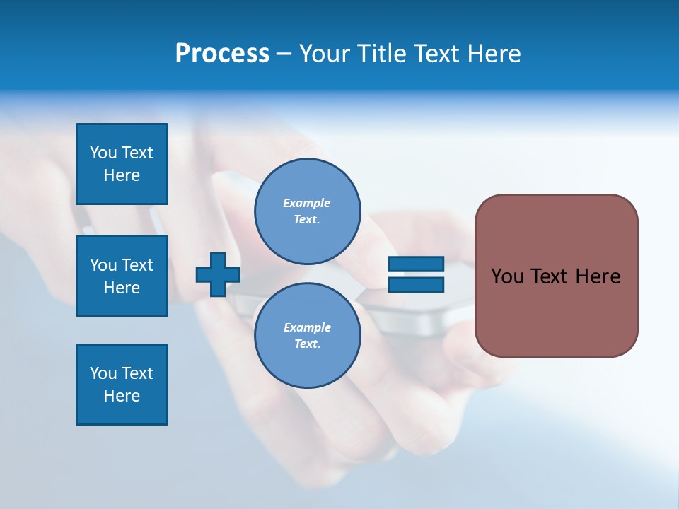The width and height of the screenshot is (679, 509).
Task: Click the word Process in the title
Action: tap(222, 54)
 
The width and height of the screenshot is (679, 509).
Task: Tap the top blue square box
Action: tap(122, 164)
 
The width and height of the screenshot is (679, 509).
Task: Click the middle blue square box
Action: tap(122, 276)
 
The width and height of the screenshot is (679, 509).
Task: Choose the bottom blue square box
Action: tap(122, 385)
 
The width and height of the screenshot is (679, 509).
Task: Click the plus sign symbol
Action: tap(218, 275)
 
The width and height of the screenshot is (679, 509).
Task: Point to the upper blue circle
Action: tap(307, 211)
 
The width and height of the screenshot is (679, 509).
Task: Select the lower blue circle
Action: tap(307, 335)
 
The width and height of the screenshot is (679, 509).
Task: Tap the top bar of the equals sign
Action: tap(416, 264)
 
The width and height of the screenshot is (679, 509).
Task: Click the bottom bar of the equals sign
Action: tap(416, 285)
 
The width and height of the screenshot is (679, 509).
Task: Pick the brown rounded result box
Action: tap(556, 276)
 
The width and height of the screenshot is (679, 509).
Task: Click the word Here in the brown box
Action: tap(598, 276)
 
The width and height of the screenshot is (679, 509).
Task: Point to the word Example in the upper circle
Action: tap(307, 203)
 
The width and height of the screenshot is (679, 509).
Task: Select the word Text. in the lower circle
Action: tap(307, 344)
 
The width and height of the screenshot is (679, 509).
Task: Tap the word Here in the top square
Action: tap(122, 175)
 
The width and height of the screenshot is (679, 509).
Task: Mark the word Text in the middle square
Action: tap(137, 265)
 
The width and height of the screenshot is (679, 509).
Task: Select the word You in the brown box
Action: tap(507, 276)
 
